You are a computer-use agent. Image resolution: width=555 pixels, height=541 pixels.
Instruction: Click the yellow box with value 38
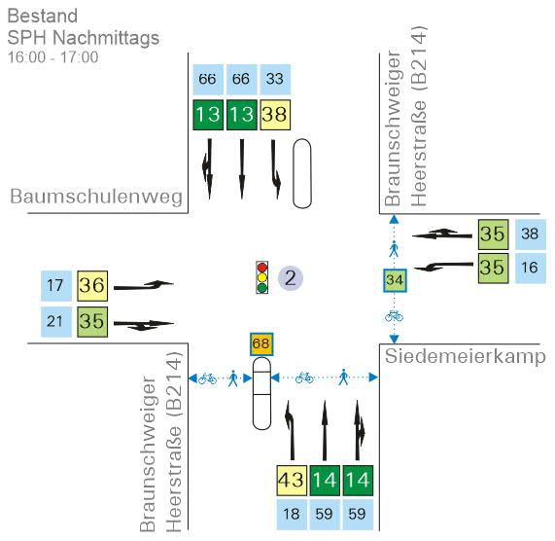point(275,115)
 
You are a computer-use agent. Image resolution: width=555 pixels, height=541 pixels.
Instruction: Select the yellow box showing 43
point(292,481)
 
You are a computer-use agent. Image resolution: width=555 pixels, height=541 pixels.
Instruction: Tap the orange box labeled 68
point(261,344)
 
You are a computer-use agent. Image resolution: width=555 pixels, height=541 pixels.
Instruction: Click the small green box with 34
point(395,280)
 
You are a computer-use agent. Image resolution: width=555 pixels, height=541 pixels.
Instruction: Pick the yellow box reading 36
point(92,286)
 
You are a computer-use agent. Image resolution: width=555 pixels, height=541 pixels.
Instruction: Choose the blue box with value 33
point(275,80)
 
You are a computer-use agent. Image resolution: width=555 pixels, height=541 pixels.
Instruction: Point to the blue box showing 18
point(292,515)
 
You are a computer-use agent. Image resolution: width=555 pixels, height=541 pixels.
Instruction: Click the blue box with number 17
point(56,286)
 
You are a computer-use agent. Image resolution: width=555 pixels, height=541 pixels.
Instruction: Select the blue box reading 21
point(56,322)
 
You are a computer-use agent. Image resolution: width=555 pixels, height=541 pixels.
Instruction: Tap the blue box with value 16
point(531,268)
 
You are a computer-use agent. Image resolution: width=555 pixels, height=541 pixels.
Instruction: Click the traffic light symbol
point(261,277)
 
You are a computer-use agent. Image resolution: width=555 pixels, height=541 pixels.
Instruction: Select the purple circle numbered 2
point(291,278)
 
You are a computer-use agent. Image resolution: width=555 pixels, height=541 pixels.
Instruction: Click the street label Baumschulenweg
point(96,196)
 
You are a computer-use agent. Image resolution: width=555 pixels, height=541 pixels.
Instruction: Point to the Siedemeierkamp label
point(466,356)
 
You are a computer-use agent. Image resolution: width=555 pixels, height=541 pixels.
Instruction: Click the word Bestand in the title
point(43,16)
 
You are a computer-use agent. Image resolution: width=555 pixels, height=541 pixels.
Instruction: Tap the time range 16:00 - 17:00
point(53,57)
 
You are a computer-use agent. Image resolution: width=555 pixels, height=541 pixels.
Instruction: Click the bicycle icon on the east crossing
point(394,315)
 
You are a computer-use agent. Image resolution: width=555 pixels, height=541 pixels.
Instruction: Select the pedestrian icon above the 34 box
point(394,249)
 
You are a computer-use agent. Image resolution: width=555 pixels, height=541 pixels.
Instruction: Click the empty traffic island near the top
point(302,173)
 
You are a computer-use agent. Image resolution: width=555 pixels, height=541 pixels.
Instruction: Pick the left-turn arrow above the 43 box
point(291,430)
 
